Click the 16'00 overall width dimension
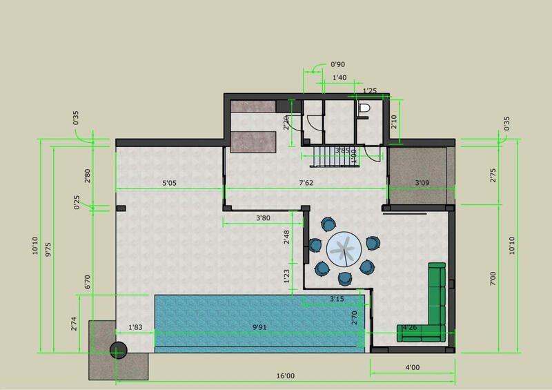point(285,376)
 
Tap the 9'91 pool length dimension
point(259,327)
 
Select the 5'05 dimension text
point(170,184)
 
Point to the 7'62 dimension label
point(306,184)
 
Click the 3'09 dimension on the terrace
point(422,184)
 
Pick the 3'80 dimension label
point(262,219)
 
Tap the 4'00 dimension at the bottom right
point(412,367)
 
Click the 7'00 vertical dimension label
point(493,279)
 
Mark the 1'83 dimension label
point(135,327)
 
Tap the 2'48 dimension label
point(286,237)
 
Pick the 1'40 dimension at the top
point(339,79)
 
